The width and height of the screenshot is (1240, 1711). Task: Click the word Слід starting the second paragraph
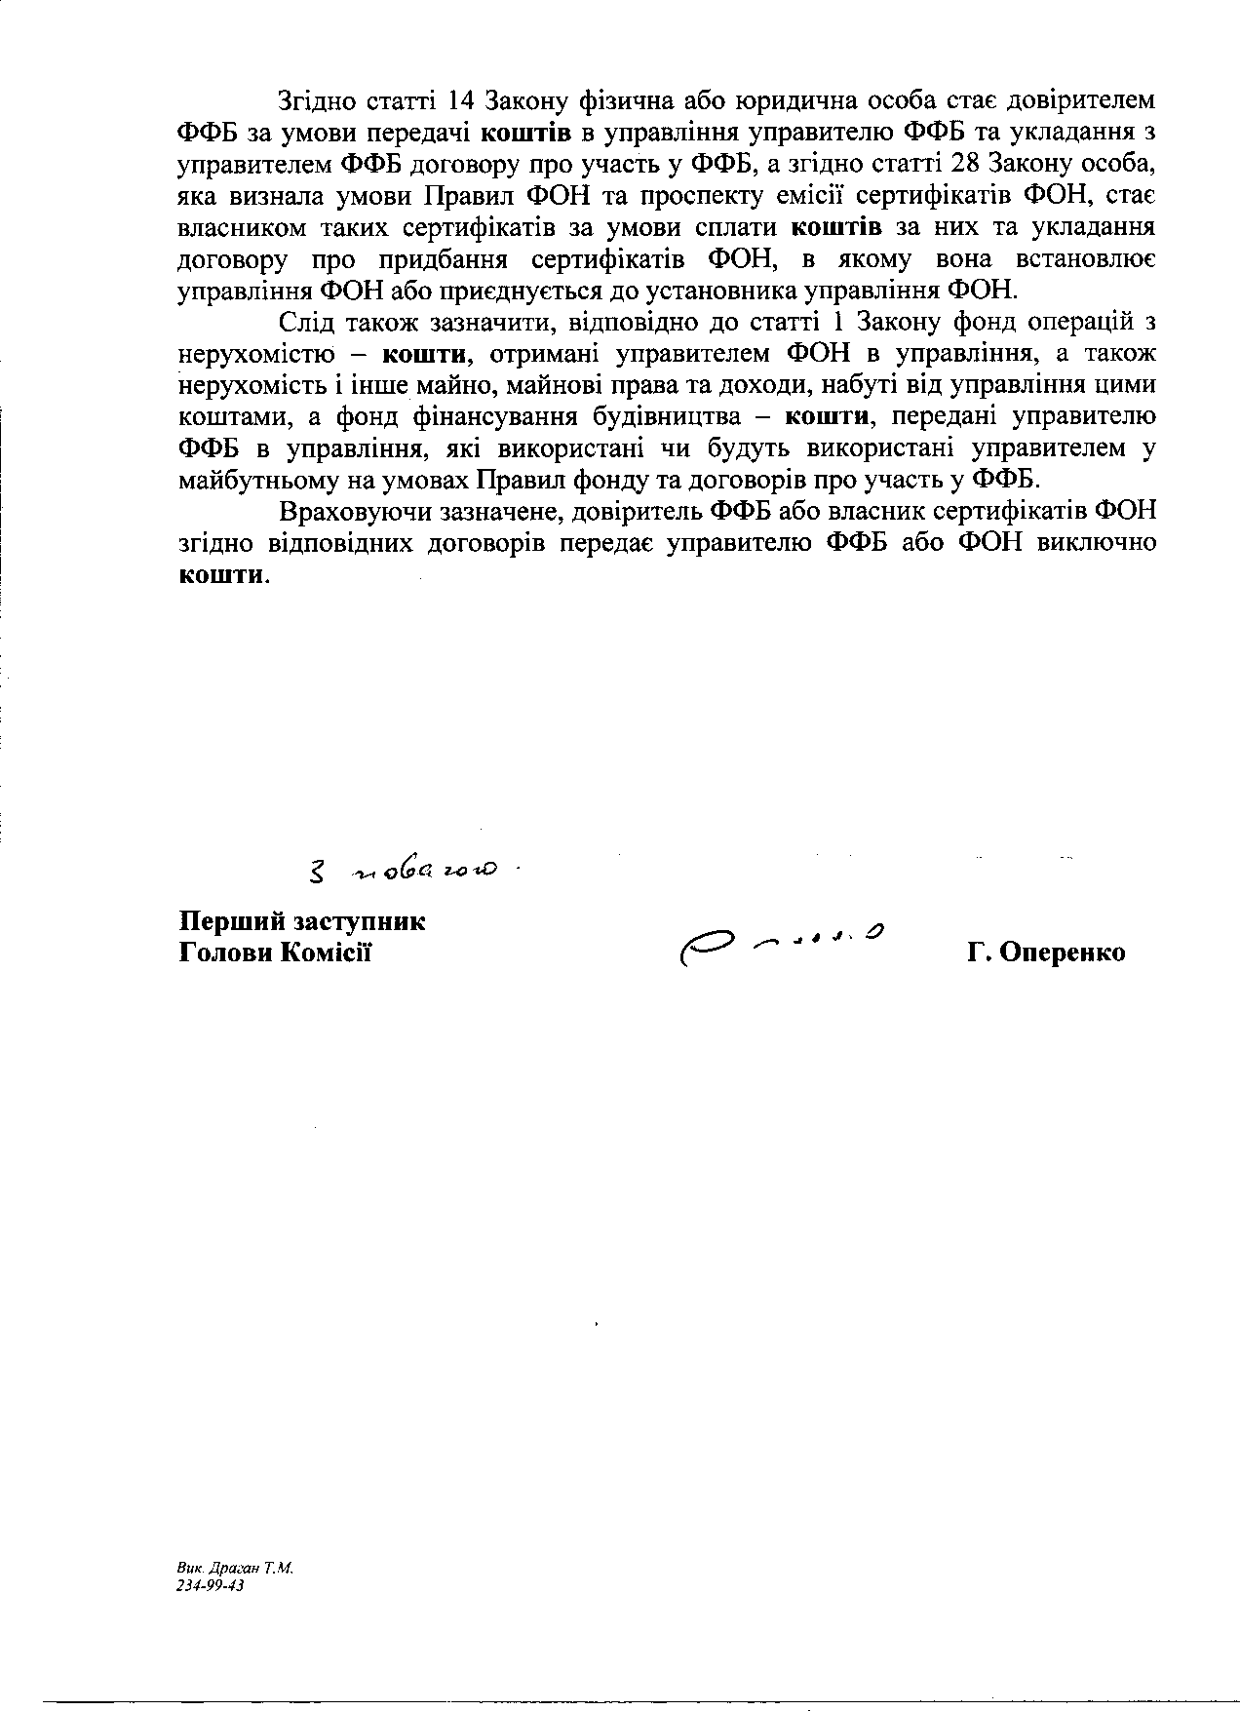(306, 322)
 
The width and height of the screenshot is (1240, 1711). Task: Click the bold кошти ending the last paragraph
(220, 574)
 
